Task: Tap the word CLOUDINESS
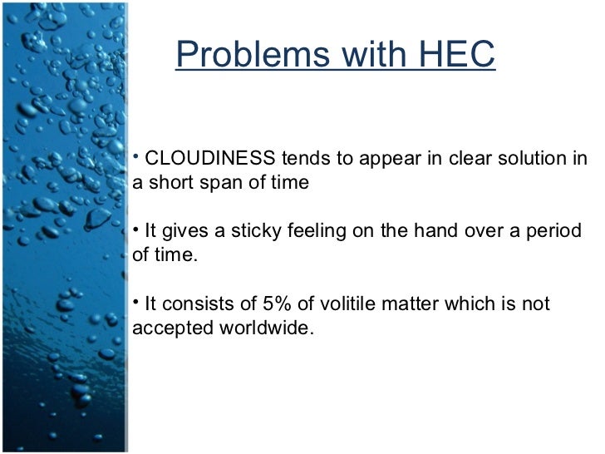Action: point(210,160)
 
